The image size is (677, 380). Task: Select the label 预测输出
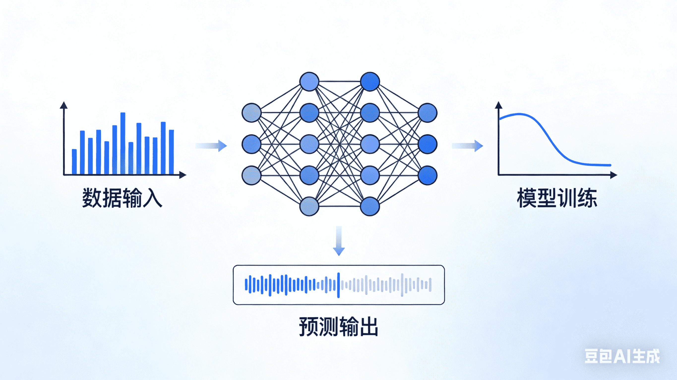pyautogui.click(x=338, y=327)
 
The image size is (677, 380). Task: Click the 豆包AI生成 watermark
pyautogui.click(x=622, y=356)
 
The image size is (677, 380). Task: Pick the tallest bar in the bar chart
pyautogui.click(x=123, y=143)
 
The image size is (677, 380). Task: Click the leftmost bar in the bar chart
pyautogui.click(x=74, y=161)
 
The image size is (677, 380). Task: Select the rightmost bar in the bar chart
pyautogui.click(x=171, y=152)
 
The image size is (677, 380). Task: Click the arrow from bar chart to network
pyautogui.click(x=211, y=146)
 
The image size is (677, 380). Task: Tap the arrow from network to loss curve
pyautogui.click(x=467, y=146)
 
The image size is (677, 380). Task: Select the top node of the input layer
pyautogui.click(x=251, y=113)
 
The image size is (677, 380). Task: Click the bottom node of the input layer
pyautogui.click(x=251, y=175)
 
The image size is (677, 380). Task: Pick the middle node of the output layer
pyautogui.click(x=428, y=144)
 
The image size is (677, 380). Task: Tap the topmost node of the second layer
pyautogui.click(x=309, y=82)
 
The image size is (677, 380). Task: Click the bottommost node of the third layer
pyautogui.click(x=370, y=206)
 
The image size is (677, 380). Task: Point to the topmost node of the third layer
pyautogui.click(x=370, y=82)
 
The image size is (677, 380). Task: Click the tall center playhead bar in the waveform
pyautogui.click(x=338, y=285)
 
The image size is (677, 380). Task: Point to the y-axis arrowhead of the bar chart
pyautogui.click(x=63, y=105)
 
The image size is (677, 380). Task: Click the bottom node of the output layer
pyautogui.click(x=428, y=175)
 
